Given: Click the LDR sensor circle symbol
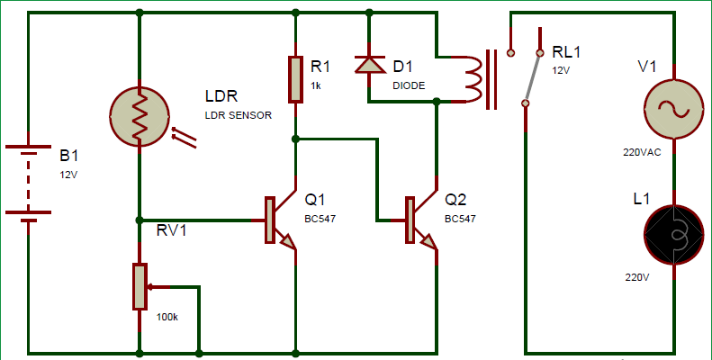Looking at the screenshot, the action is [140, 117].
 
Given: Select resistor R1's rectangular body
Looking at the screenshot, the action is [295, 79].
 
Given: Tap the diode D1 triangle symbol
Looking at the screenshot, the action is [369, 65].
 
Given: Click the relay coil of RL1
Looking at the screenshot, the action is [473, 79].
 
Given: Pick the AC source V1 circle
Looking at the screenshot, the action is [673, 109].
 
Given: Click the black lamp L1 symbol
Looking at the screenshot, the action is [673, 235].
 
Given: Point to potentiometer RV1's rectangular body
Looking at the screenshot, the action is [140, 287].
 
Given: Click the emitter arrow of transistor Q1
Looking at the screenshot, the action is [288, 241].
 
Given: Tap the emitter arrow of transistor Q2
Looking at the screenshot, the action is [428, 241].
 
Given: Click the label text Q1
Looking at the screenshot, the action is [316, 199].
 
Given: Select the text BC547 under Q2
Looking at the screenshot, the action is [460, 219].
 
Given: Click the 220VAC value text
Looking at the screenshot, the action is [642, 152].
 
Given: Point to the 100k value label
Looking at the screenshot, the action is [167, 317].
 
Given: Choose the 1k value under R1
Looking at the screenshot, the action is [316, 85].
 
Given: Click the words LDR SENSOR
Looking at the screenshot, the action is [239, 115].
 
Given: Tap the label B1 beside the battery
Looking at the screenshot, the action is [69, 156].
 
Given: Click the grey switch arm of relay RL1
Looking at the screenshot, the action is [532, 78].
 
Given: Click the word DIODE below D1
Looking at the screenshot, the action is [409, 85].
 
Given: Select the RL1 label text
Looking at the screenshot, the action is [566, 52].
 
